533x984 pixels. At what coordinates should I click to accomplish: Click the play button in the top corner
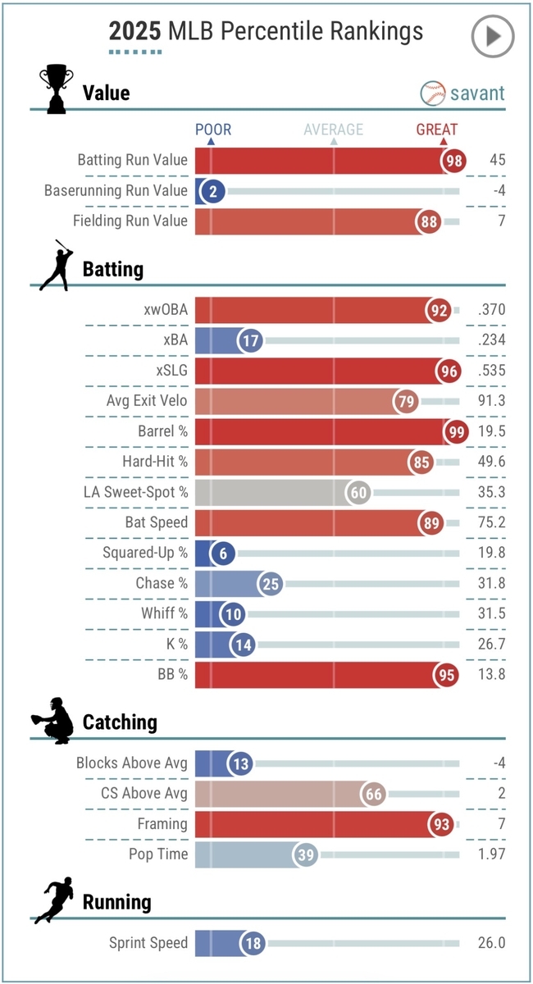[x=492, y=36]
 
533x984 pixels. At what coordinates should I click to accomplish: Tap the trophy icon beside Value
[x=56, y=89]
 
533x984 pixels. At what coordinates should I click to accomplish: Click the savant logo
[x=463, y=93]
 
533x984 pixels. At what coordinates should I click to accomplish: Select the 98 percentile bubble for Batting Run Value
[x=453, y=161]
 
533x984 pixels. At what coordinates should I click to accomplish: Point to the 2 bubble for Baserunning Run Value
[x=212, y=191]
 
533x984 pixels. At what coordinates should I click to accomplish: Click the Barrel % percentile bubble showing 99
[x=455, y=430]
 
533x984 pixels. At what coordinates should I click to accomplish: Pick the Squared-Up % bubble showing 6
[x=222, y=553]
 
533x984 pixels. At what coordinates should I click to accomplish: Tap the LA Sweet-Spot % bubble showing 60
[x=359, y=492]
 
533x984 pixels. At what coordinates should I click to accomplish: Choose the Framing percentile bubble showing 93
[x=442, y=824]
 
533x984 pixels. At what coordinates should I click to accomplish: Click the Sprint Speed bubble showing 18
[x=253, y=944]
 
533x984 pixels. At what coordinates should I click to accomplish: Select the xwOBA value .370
[x=490, y=310]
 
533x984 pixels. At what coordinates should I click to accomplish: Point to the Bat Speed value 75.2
[x=490, y=522]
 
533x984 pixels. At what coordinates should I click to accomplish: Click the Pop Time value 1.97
[x=490, y=854]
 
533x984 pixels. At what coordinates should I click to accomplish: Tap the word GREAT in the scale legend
[x=436, y=130]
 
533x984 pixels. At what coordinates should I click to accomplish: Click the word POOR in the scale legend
[x=213, y=130]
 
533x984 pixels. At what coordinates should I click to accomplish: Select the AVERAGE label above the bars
[x=333, y=130]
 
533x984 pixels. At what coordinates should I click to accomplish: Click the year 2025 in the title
[x=135, y=31]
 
